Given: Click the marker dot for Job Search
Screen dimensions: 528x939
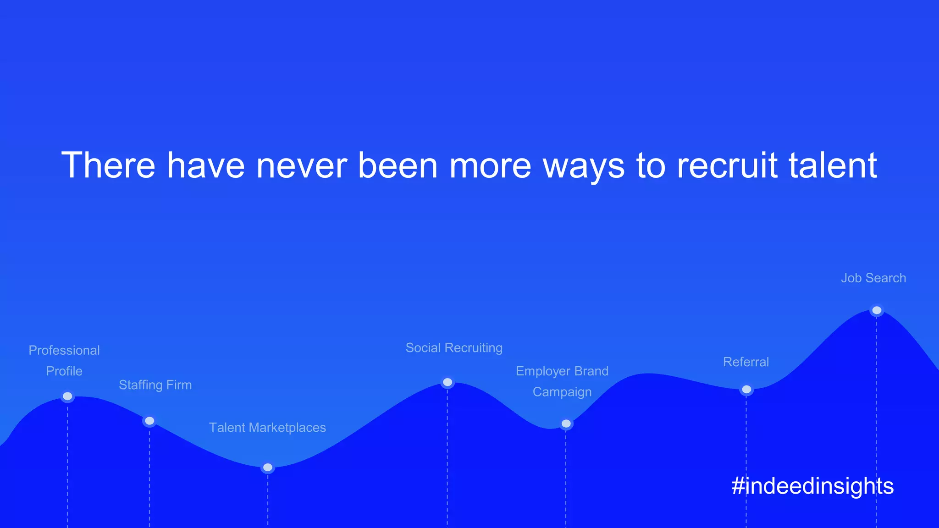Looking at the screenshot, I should click(877, 310).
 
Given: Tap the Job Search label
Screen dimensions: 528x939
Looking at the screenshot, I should click(873, 278).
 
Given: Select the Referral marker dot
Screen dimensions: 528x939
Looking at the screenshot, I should click(746, 390).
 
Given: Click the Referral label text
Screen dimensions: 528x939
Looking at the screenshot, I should click(746, 362).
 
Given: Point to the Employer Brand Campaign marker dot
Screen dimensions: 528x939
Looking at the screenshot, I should click(566, 423).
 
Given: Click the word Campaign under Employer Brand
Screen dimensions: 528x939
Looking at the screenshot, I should click(562, 392).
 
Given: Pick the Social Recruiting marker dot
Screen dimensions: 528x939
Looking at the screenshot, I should click(447, 382).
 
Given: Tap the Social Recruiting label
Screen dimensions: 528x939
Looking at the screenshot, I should click(454, 348).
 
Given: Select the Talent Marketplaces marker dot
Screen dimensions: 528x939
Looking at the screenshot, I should click(268, 467).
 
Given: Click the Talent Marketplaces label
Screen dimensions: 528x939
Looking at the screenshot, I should click(267, 428).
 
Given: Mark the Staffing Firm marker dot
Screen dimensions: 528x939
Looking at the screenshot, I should click(149, 421).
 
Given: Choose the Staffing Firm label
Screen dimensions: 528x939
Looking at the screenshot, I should click(155, 385).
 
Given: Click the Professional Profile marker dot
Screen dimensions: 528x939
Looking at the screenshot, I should click(67, 396).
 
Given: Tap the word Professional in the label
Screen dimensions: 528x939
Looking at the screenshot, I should click(64, 351).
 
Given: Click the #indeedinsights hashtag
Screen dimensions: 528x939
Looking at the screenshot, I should click(812, 486).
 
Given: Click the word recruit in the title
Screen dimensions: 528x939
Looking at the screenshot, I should click(727, 165).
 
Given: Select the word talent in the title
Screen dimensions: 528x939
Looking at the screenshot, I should click(833, 165).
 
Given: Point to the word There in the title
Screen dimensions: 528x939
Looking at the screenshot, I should click(109, 165).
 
